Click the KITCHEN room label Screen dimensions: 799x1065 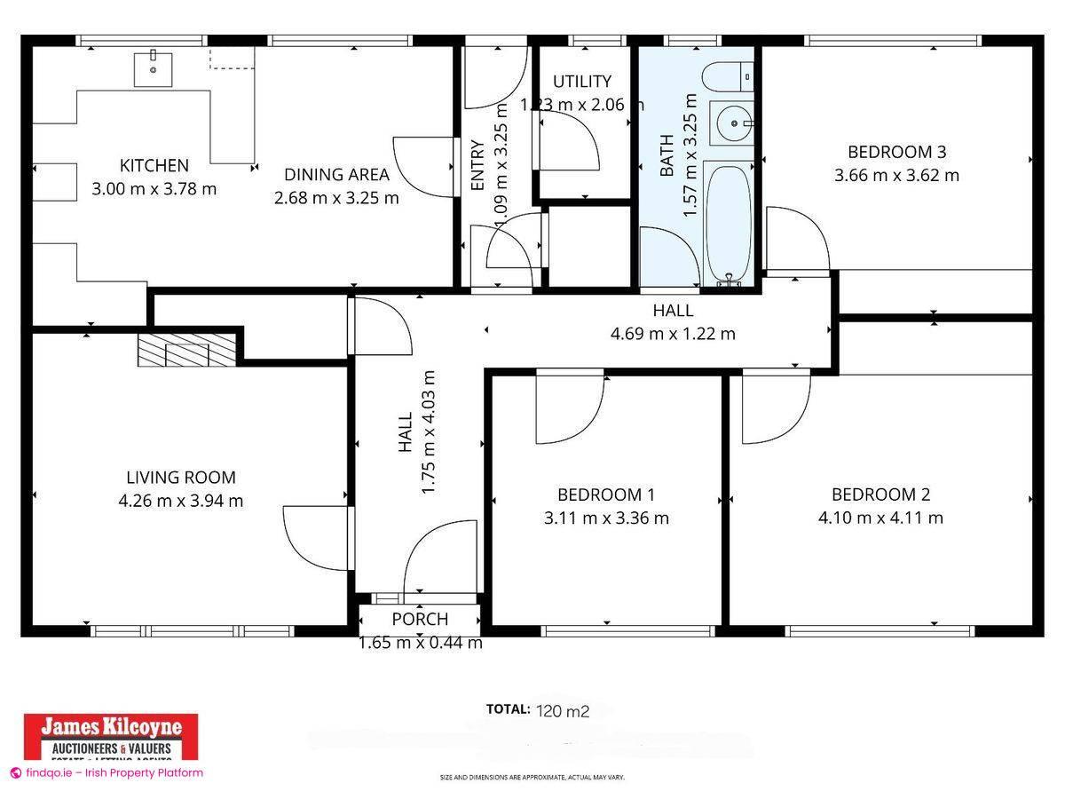(x=154, y=165)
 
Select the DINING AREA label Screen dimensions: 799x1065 (x=336, y=175)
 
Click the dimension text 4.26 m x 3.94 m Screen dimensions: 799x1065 (x=180, y=501)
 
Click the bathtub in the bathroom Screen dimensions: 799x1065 (x=729, y=222)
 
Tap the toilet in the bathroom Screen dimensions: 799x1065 (x=727, y=78)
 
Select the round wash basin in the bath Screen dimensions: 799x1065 (x=732, y=123)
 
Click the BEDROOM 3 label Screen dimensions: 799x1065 (x=895, y=152)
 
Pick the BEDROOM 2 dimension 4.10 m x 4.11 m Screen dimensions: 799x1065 (x=880, y=518)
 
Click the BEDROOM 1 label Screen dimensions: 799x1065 (x=605, y=494)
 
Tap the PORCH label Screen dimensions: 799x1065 (x=420, y=619)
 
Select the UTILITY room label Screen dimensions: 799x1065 (x=582, y=82)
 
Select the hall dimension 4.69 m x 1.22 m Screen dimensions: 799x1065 (x=673, y=334)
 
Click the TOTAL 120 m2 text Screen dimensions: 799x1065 (x=538, y=709)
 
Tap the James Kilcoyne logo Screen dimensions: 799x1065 (x=110, y=737)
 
